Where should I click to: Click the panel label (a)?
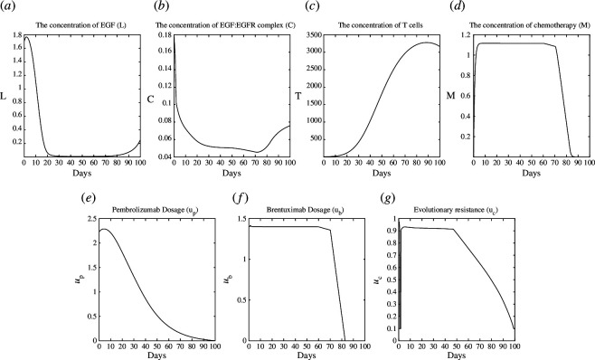(7, 7)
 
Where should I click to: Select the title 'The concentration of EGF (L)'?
(81, 25)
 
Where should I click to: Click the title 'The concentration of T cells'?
(380, 25)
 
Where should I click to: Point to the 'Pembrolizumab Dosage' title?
(156, 210)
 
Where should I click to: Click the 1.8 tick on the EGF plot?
(16, 35)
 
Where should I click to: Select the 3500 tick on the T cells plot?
(313, 35)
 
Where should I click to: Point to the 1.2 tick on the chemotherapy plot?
(465, 35)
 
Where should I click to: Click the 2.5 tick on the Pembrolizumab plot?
(92, 219)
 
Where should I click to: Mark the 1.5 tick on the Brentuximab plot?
(241, 219)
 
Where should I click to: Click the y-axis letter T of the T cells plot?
(298, 96)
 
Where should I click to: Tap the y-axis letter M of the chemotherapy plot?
(450, 96)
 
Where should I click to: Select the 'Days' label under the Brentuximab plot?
(307, 355)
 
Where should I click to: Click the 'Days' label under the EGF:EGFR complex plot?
(231, 173)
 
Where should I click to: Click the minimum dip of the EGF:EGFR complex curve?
(258, 152)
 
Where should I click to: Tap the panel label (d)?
(456, 7)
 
